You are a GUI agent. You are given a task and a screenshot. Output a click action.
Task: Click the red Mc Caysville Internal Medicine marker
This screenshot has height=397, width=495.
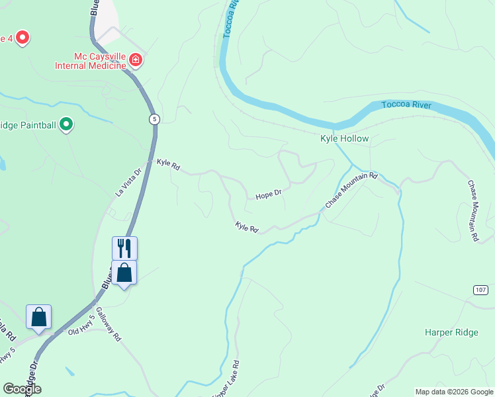point(136,61)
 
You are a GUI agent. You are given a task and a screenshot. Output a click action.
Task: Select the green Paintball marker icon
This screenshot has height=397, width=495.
point(66,124)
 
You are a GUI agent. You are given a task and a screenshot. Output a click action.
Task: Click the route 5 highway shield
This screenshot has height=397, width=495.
point(154,118)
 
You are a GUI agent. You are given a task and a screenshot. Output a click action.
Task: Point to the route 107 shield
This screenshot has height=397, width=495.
point(481,290)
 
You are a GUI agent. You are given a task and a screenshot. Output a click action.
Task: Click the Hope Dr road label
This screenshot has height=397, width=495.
point(269,193)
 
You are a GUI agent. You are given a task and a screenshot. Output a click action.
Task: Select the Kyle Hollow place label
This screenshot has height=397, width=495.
point(344,139)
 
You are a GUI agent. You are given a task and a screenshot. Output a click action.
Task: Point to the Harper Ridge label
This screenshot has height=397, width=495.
point(451,332)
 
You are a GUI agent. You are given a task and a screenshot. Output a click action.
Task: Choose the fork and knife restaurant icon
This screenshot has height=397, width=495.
point(124,248)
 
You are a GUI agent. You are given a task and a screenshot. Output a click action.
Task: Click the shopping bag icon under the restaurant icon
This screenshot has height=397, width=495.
point(124,272)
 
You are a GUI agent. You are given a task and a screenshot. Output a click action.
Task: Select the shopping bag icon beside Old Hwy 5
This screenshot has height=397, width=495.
point(39,316)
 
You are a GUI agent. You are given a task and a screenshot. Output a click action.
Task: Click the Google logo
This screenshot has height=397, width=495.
point(22,389)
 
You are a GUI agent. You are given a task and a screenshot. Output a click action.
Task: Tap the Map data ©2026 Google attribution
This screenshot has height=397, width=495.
point(454,392)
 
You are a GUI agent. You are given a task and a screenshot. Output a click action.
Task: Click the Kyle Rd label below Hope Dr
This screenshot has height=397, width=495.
point(246,227)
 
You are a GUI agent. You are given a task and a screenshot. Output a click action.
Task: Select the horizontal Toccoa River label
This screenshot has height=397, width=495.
point(406,105)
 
